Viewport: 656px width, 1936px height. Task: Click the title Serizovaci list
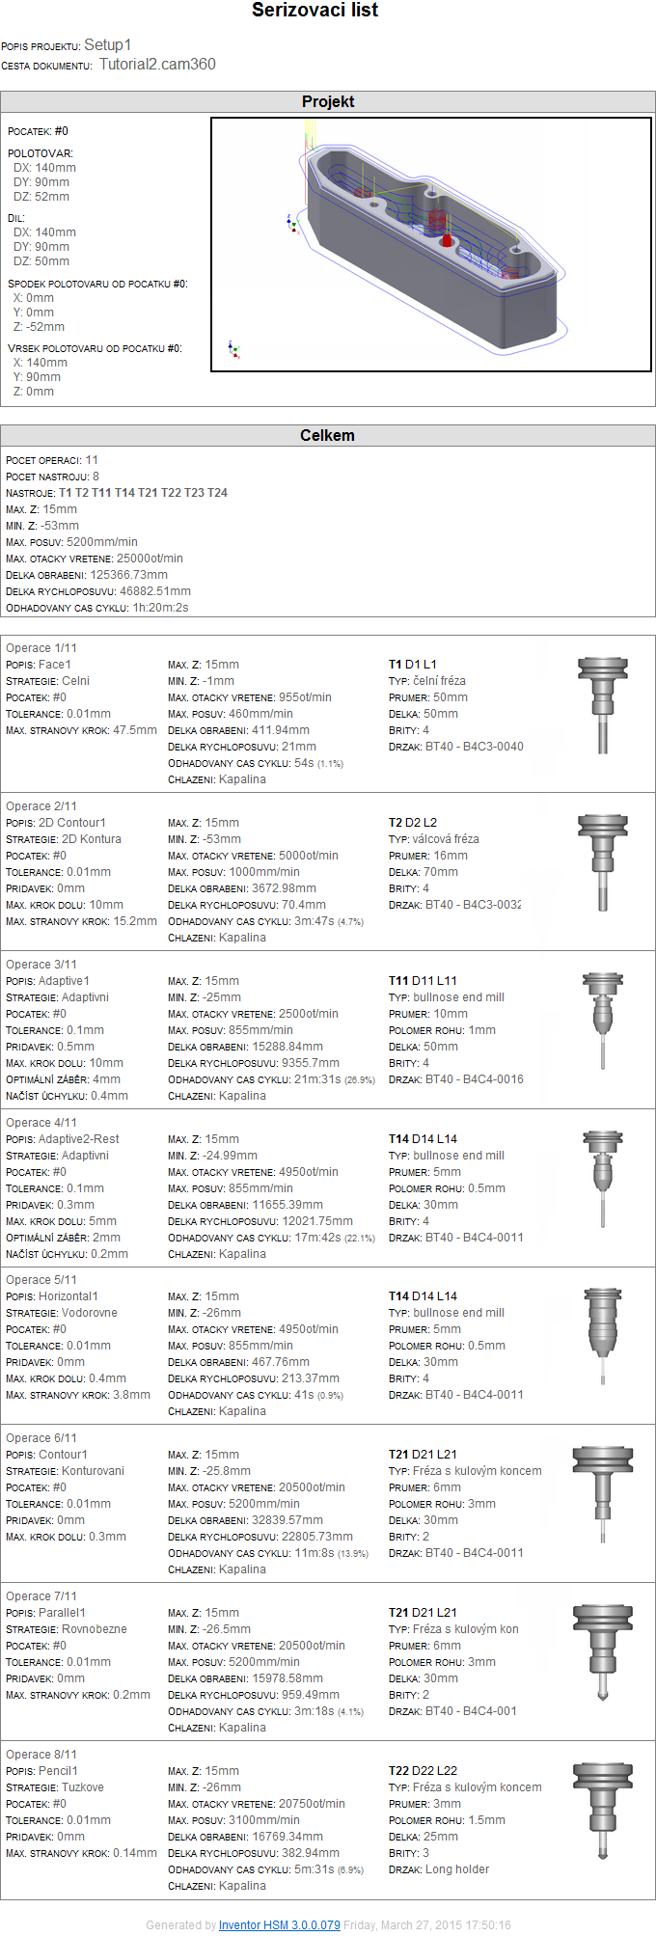(x=314, y=11)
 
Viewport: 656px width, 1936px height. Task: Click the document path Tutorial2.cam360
(x=157, y=65)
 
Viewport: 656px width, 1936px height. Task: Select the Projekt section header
(x=328, y=102)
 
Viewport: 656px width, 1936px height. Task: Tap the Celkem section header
(x=328, y=436)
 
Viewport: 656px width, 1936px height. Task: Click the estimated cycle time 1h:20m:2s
(x=160, y=608)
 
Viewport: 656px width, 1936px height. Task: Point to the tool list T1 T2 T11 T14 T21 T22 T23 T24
(x=143, y=493)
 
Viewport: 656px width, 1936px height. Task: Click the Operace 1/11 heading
(x=41, y=648)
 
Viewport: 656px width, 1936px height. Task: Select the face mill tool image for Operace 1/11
(x=603, y=704)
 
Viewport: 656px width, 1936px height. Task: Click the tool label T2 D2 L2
(x=413, y=823)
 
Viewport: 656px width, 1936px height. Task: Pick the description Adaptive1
(x=64, y=981)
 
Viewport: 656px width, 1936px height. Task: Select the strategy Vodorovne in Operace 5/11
(x=90, y=1313)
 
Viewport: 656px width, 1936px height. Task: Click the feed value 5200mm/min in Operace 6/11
(x=264, y=1504)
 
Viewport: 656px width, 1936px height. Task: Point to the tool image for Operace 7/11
(x=603, y=1651)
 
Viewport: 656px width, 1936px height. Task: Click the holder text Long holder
(x=457, y=1869)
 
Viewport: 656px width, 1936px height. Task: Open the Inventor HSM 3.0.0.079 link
(x=279, y=1924)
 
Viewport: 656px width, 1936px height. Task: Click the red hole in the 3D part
(x=447, y=240)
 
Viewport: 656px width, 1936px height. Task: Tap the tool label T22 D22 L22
(x=423, y=1771)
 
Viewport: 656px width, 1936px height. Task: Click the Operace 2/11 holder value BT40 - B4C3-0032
(x=474, y=905)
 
